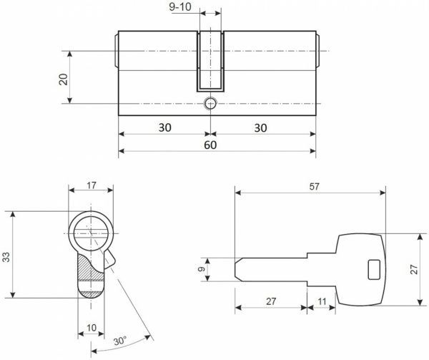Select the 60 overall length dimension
click(210, 144)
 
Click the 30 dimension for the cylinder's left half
click(164, 127)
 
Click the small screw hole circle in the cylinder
click(210, 104)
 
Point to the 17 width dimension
click(91, 185)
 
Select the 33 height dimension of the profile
click(6, 256)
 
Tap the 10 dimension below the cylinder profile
click(91, 327)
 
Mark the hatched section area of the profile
click(84, 271)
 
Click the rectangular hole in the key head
click(373, 269)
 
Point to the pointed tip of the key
click(237, 270)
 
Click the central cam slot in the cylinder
click(210, 61)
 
